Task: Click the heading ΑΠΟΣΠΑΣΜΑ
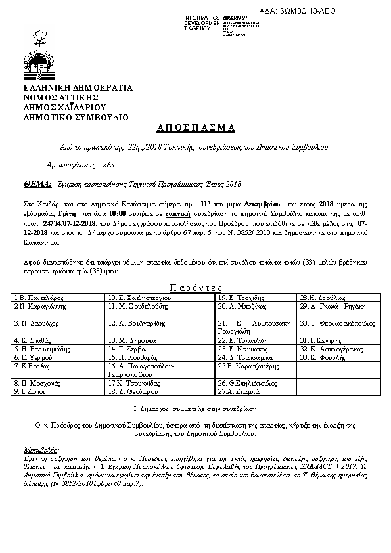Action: (196, 127)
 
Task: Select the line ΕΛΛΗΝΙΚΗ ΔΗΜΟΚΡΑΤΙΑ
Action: (78, 87)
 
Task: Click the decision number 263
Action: (90, 164)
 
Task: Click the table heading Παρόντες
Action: (195, 288)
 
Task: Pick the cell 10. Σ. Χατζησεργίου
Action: (141, 298)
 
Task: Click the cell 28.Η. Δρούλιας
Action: (322, 298)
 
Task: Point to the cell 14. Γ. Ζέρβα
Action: (127, 349)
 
